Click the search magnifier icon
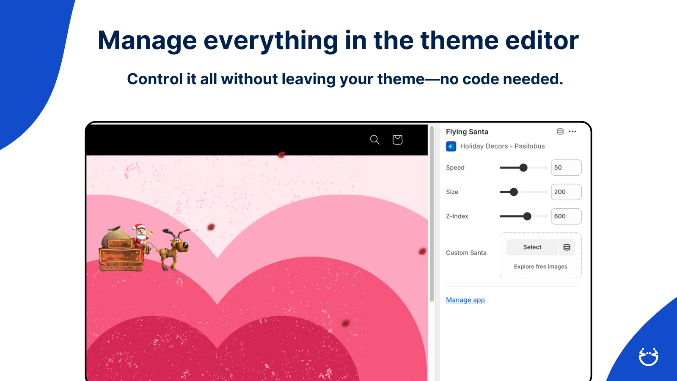pyautogui.click(x=375, y=140)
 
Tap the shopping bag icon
pyautogui.click(x=397, y=140)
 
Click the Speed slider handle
pyautogui.click(x=523, y=168)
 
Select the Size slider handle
pyautogui.click(x=514, y=192)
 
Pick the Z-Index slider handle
pyautogui.click(x=527, y=216)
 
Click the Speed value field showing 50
pyautogui.click(x=566, y=168)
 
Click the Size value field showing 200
pyautogui.click(x=566, y=192)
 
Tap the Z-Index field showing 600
pyautogui.click(x=566, y=216)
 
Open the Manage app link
pyautogui.click(x=465, y=300)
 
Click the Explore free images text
pyautogui.click(x=540, y=266)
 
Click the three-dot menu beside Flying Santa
pyautogui.click(x=572, y=132)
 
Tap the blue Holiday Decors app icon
pyautogui.click(x=451, y=146)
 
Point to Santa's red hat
pyautogui.click(x=138, y=227)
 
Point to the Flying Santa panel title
pyautogui.click(x=467, y=132)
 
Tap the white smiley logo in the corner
pyautogui.click(x=649, y=357)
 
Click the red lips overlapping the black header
pyautogui.click(x=281, y=155)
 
